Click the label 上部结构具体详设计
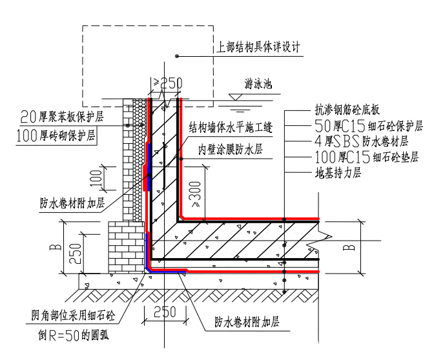pyautogui.click(x=258, y=46)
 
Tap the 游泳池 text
pyautogui.click(x=258, y=83)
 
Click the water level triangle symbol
pyautogui.click(x=236, y=97)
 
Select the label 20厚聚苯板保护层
pyautogui.click(x=62, y=117)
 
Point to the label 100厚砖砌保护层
pyautogui.click(x=56, y=135)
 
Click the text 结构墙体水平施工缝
pyautogui.click(x=231, y=127)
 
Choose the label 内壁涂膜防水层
pyautogui.click(x=231, y=149)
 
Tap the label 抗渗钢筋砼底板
pyautogui.click(x=347, y=110)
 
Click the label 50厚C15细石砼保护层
pyautogui.click(x=369, y=126)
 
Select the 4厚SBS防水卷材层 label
pyautogui.click(x=361, y=141)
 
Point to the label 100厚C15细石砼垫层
pyautogui.click(x=367, y=157)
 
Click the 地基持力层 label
pyautogui.click(x=338, y=173)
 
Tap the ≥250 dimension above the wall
pyautogui.click(x=168, y=83)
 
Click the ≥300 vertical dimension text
pyautogui.click(x=196, y=194)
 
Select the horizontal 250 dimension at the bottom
pyautogui.click(x=165, y=312)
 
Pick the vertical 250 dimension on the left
pyautogui.click(x=75, y=254)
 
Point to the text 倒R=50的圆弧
pyautogui.click(x=74, y=335)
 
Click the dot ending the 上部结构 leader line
pyautogui.click(x=177, y=56)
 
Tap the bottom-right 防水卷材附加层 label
pyautogui.click(x=247, y=322)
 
